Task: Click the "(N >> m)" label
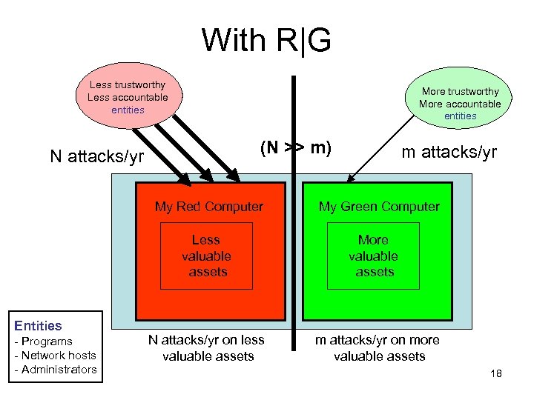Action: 294,147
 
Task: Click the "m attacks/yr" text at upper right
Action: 449,152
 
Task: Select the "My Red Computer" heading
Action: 208,207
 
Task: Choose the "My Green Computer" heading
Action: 379,207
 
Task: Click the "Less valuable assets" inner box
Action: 206,256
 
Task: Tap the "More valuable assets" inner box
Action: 373,256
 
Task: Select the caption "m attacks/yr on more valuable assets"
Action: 378,348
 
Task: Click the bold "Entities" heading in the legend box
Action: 39,325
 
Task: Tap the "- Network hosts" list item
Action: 56,356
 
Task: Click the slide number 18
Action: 496,373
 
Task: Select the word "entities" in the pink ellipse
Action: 128,110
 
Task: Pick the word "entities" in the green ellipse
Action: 460,116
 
